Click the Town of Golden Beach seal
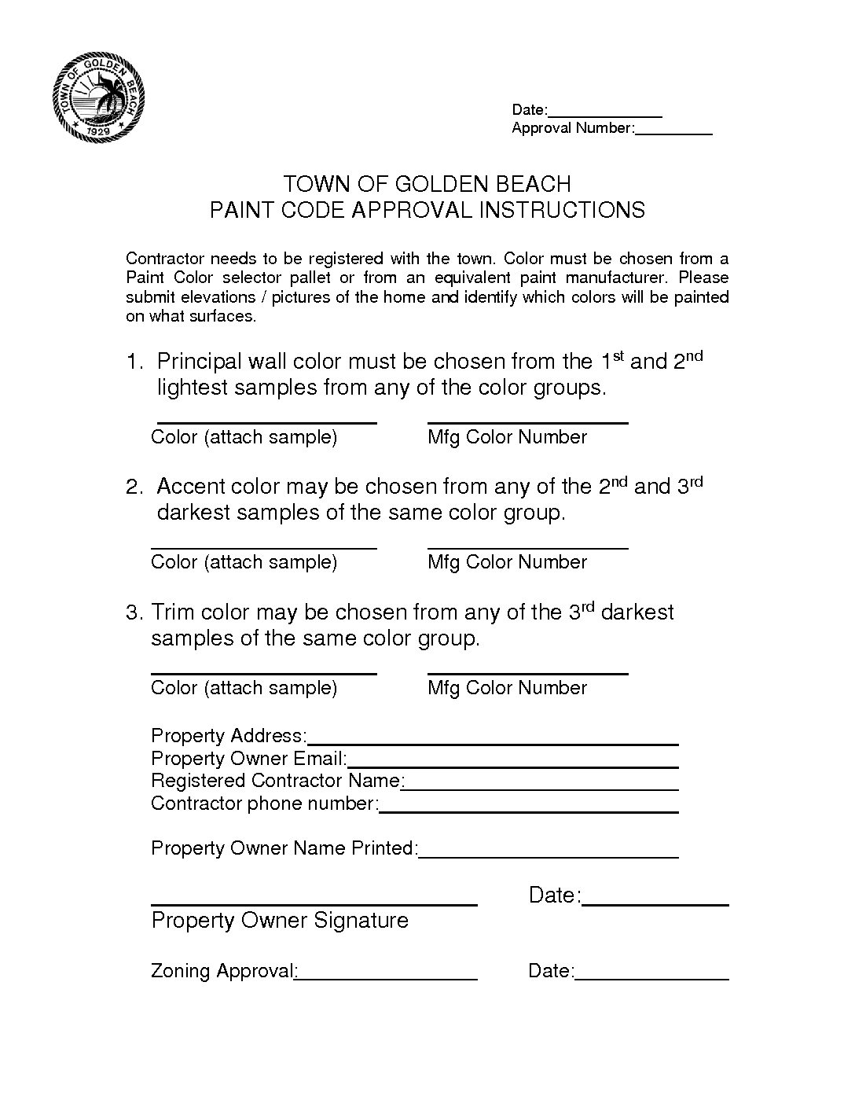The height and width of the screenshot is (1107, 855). click(98, 97)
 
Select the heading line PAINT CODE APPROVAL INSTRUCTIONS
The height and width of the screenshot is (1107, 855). click(427, 210)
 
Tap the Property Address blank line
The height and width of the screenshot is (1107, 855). click(493, 742)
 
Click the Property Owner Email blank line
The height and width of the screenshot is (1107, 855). click(513, 766)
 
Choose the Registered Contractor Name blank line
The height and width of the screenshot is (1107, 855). click(541, 788)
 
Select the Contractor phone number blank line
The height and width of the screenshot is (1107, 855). click(529, 811)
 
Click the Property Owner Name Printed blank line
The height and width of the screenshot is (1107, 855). click(549, 855)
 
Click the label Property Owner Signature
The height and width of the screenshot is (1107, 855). click(280, 921)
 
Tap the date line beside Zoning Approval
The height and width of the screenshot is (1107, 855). click(652, 979)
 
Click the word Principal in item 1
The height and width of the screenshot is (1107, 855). click(200, 362)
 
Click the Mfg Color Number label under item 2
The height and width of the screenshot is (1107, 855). click(507, 562)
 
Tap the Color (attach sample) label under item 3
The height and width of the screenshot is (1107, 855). click(244, 688)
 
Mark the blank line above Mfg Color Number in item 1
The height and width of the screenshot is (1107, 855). click(527, 422)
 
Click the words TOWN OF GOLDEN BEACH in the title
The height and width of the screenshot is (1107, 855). click(427, 184)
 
